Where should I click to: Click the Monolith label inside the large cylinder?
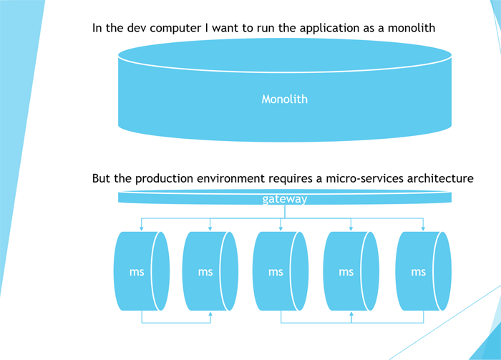284,99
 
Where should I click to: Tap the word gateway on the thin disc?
285,199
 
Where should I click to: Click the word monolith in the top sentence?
410,29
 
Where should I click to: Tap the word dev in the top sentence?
149,29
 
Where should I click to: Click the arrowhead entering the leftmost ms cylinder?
142,228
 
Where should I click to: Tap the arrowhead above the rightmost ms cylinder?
422,228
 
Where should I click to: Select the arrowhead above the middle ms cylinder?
281,228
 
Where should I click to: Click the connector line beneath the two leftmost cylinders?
175,323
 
